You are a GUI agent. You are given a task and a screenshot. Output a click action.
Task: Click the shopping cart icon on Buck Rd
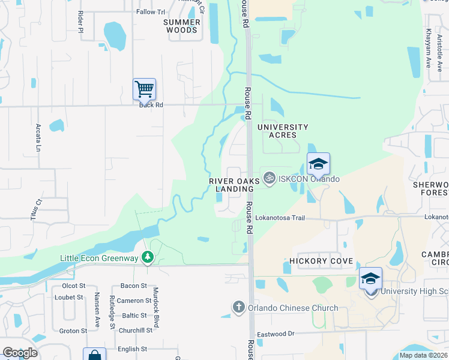point(144,89)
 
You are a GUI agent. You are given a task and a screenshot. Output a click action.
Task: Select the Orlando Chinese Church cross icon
point(238,308)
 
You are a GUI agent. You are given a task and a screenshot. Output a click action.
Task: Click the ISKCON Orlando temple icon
point(270,179)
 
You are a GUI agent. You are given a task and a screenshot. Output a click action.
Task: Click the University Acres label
point(283,131)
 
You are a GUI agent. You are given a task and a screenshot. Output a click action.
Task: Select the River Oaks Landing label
point(234,185)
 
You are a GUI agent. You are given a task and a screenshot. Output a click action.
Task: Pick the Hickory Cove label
point(321,261)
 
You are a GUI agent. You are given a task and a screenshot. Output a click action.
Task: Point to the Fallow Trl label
point(151,12)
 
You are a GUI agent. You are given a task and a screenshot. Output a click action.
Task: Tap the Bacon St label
point(134,286)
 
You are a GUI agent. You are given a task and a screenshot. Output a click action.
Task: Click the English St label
point(133,349)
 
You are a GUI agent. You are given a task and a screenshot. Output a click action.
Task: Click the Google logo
point(20,353)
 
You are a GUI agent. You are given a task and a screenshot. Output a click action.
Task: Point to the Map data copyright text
point(422,355)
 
